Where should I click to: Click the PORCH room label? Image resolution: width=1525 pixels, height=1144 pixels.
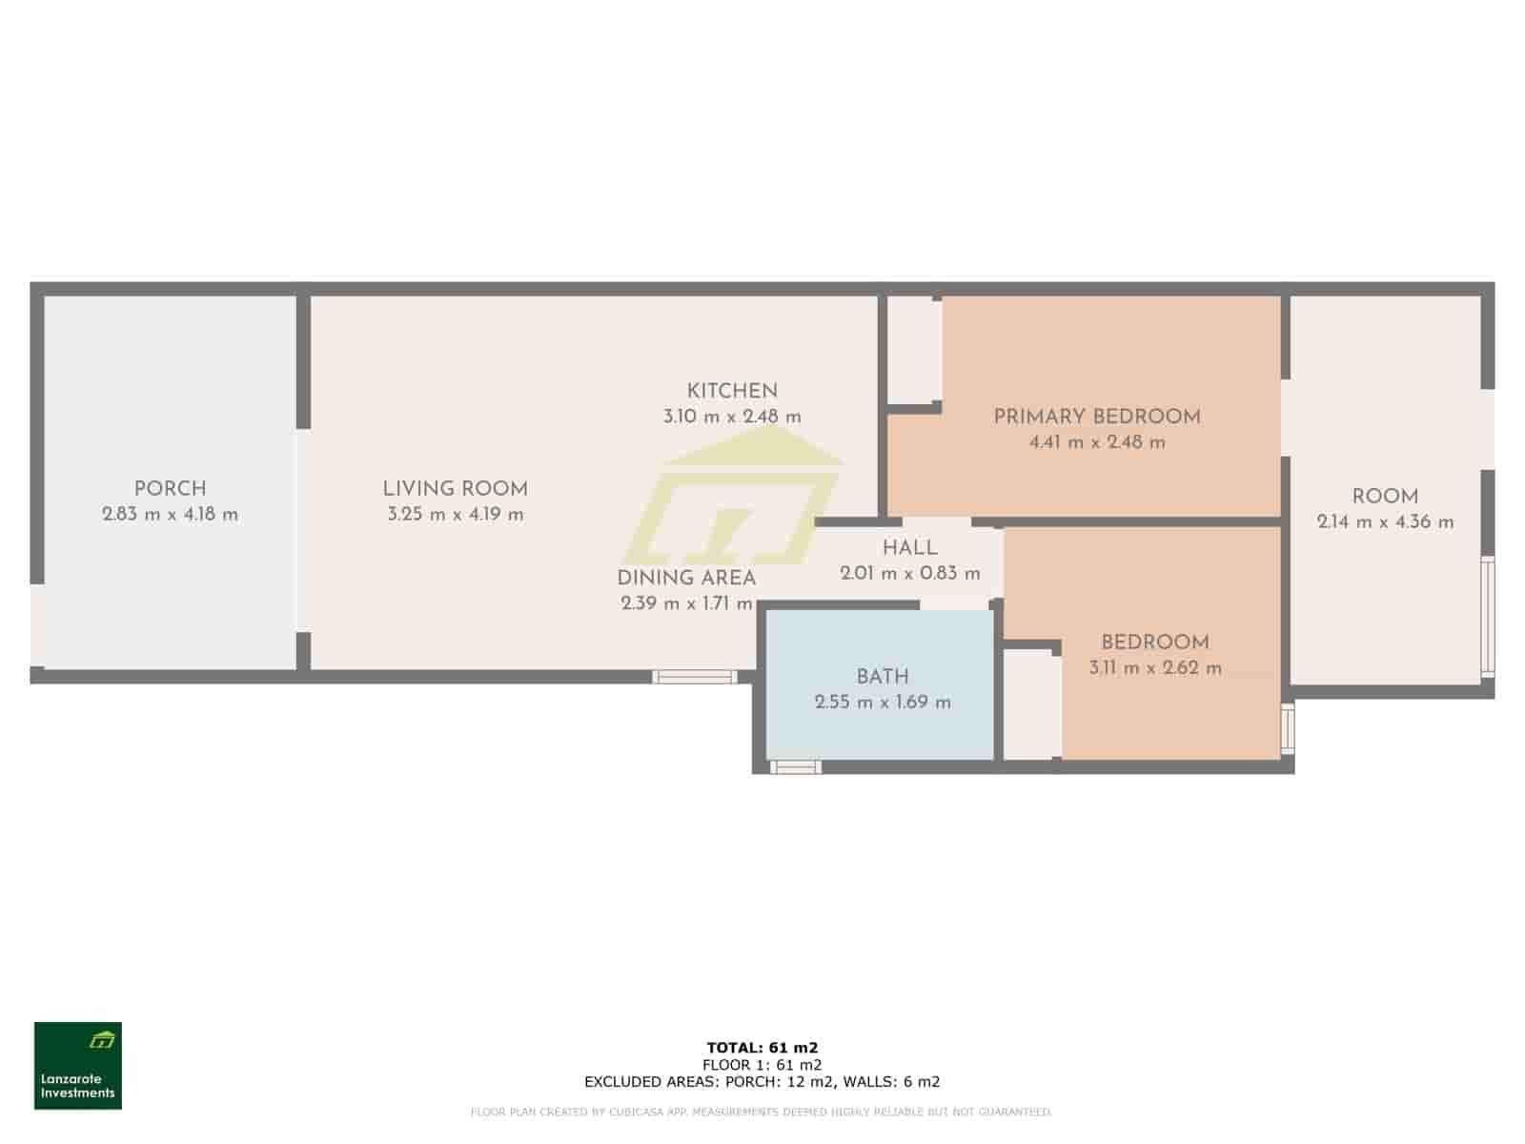pyautogui.click(x=170, y=489)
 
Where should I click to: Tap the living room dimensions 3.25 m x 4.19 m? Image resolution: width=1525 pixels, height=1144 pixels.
pyautogui.click(x=456, y=515)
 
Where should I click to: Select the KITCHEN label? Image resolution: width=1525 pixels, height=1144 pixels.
pyautogui.click(x=732, y=391)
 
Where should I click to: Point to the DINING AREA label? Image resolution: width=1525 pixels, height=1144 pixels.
pyautogui.click(x=686, y=578)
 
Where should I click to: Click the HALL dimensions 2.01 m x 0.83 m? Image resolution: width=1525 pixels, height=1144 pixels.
pyautogui.click(x=909, y=574)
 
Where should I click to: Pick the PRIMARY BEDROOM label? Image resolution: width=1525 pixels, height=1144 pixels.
pyautogui.click(x=1096, y=417)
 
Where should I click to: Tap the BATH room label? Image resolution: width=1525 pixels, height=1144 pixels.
pyautogui.click(x=882, y=677)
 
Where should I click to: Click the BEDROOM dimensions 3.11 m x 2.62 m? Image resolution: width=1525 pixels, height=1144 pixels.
pyautogui.click(x=1155, y=668)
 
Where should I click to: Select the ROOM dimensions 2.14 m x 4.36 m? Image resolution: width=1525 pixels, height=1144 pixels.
pyautogui.click(x=1385, y=522)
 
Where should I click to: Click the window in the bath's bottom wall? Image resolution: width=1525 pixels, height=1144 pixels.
pyautogui.click(x=795, y=766)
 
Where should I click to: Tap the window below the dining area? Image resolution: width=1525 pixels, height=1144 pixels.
pyautogui.click(x=695, y=677)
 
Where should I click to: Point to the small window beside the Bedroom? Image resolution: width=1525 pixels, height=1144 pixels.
pyautogui.click(x=1288, y=728)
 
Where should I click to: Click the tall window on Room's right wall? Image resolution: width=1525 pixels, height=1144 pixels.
pyautogui.click(x=1487, y=619)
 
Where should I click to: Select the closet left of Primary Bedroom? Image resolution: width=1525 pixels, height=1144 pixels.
pyautogui.click(x=913, y=350)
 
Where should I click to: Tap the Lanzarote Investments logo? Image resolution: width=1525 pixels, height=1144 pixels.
pyautogui.click(x=78, y=1066)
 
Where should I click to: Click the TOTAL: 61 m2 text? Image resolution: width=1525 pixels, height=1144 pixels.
pyautogui.click(x=762, y=1048)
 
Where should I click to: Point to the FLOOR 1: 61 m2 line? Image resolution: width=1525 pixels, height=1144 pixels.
pyautogui.click(x=762, y=1065)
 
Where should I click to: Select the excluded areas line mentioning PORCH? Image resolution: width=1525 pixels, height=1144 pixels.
pyautogui.click(x=762, y=1081)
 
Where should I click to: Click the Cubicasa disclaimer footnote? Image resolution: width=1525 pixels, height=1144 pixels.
pyautogui.click(x=762, y=1112)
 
